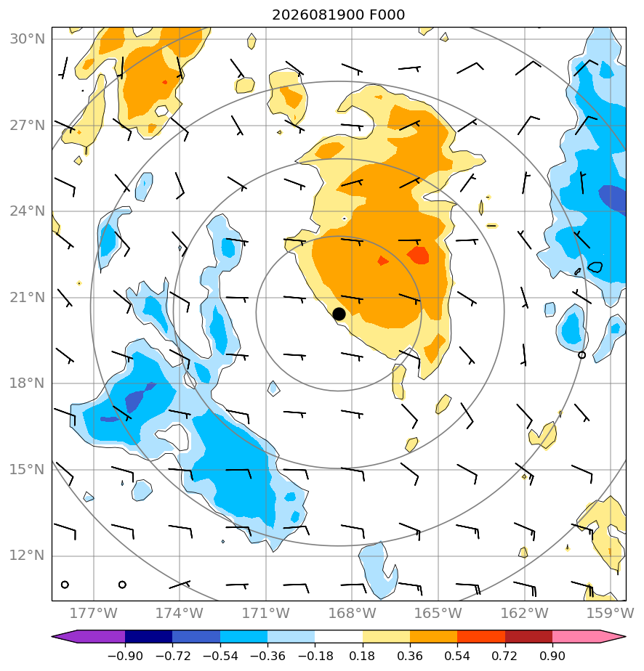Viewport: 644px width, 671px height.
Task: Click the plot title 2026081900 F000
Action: [338, 15]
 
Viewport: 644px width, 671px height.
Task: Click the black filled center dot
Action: [339, 314]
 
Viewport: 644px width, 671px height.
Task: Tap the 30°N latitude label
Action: [28, 39]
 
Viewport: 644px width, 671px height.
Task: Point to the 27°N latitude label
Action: [28, 126]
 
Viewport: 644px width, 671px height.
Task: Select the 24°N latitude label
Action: [28, 211]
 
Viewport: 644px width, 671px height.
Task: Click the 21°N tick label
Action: [28, 297]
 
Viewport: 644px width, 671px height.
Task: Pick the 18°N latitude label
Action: [28, 383]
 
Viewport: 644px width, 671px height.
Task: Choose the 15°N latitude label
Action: [28, 469]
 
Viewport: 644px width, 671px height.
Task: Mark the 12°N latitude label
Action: [28, 556]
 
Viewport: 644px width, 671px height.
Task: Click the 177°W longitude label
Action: [93, 613]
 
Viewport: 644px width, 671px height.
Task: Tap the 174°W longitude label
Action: [180, 613]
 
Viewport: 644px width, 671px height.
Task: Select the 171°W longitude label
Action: [266, 613]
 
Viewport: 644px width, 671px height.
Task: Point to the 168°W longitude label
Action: [352, 613]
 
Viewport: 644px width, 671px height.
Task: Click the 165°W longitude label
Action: [438, 613]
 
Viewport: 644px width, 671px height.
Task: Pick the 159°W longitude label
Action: [610, 613]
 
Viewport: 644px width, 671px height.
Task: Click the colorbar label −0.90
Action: [125, 656]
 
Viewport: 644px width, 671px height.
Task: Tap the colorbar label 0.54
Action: [457, 656]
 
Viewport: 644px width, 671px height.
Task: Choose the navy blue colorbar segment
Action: [148, 637]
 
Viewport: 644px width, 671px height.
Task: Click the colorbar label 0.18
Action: [363, 656]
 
